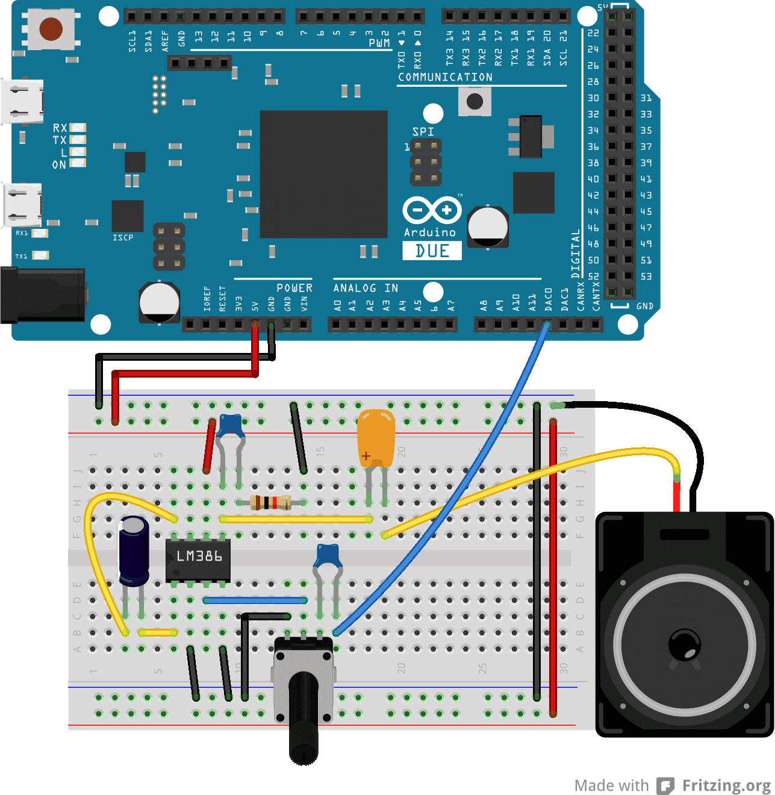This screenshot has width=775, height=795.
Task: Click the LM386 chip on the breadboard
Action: pyautogui.click(x=198, y=557)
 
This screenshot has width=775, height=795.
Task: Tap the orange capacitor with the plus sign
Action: pyautogui.click(x=376, y=438)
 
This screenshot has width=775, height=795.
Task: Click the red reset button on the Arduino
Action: pyautogui.click(x=51, y=28)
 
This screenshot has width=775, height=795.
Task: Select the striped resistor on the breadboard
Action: pyautogui.click(x=270, y=502)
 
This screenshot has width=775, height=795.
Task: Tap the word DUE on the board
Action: pyautogui.click(x=432, y=251)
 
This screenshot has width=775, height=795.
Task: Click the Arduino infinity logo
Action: pyautogui.click(x=432, y=211)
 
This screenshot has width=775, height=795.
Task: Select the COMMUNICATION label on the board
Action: pyautogui.click(x=445, y=77)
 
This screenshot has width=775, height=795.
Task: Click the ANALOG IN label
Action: pyautogui.click(x=366, y=288)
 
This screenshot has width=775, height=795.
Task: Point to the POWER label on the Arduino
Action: pyautogui.click(x=294, y=288)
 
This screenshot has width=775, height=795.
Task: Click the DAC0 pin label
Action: pyautogui.click(x=548, y=299)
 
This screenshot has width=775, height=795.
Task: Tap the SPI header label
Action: pyautogui.click(x=423, y=131)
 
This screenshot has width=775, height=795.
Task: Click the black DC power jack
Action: pyautogui.click(x=42, y=296)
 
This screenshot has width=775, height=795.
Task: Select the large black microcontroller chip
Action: pyautogui.click(x=323, y=174)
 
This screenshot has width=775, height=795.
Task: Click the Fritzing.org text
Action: pyautogui.click(x=726, y=785)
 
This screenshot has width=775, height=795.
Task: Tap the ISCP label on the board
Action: pyautogui.click(x=123, y=238)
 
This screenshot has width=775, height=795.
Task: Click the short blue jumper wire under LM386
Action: pyautogui.click(x=255, y=600)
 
